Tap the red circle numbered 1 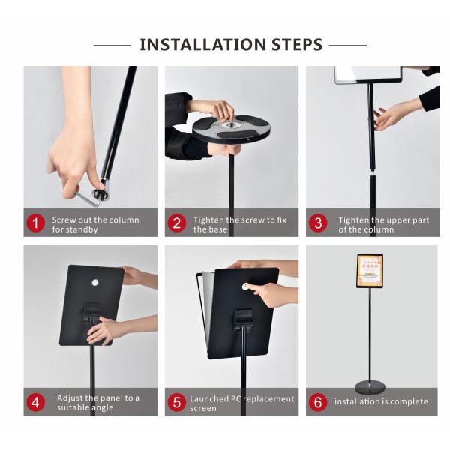pyautogui.click(x=36, y=223)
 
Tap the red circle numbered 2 pyautogui.click(x=177, y=223)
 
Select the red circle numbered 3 pyautogui.click(x=318, y=223)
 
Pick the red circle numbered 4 pyautogui.click(x=36, y=401)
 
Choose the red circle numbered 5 pyautogui.click(x=177, y=401)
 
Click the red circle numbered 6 pyautogui.click(x=318, y=401)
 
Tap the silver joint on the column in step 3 pyautogui.click(x=373, y=177)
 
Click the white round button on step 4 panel pyautogui.click(x=95, y=283)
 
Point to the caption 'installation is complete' pyautogui.click(x=381, y=401)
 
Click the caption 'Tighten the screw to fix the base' pyautogui.click(x=239, y=224)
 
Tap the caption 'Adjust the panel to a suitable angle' pyautogui.click(x=97, y=402)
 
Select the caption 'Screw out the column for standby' pyautogui.click(x=94, y=224)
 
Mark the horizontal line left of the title pyautogui.click(x=112, y=45)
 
